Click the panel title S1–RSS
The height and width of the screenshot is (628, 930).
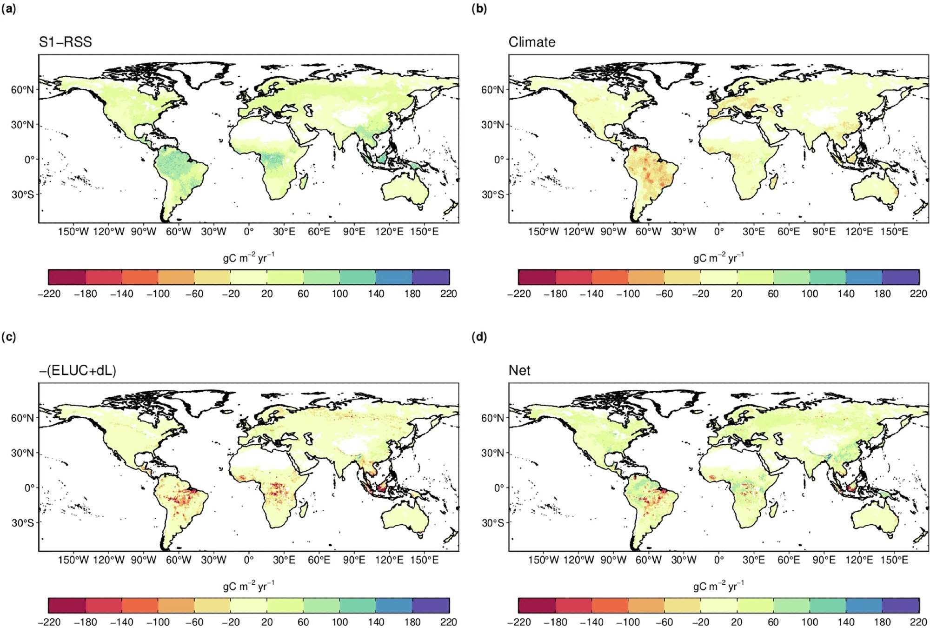[66, 42]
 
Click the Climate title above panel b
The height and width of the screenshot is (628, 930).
[532, 42]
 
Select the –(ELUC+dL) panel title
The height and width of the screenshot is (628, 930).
[77, 370]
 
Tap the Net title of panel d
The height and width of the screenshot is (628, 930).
[519, 370]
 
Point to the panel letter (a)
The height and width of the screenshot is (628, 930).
[9, 8]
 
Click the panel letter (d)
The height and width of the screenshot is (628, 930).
[479, 337]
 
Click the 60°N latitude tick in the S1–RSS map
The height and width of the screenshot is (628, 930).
[22, 89]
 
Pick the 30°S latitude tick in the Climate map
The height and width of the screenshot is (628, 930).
[492, 194]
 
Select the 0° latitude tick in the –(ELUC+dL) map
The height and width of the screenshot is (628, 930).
[29, 488]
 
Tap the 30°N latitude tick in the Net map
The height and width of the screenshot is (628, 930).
[492, 453]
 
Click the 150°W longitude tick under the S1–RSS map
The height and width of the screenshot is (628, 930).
[73, 232]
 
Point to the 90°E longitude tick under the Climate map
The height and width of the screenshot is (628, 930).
[824, 232]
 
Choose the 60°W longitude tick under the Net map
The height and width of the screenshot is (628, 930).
[648, 560]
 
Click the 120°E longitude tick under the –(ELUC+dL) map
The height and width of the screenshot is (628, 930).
[389, 560]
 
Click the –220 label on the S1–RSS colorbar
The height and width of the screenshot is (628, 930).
[49, 294]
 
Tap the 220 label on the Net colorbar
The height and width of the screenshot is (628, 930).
[918, 622]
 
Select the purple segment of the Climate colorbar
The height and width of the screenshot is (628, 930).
[901, 277]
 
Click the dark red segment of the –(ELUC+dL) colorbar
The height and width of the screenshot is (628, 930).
[67, 605]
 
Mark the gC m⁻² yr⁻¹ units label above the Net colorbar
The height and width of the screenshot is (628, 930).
[718, 586]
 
